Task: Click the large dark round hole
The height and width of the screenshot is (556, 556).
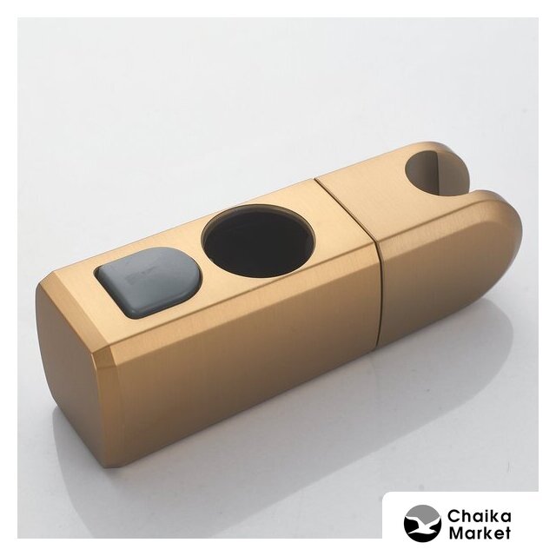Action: [x=258, y=236]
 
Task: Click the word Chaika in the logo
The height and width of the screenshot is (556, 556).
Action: [x=479, y=516]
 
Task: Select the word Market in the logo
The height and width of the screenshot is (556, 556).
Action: [x=480, y=533]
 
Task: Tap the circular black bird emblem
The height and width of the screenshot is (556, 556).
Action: [x=422, y=523]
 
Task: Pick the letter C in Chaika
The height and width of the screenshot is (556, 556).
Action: [x=453, y=517]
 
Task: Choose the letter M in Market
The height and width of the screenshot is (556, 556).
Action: [x=456, y=533]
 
